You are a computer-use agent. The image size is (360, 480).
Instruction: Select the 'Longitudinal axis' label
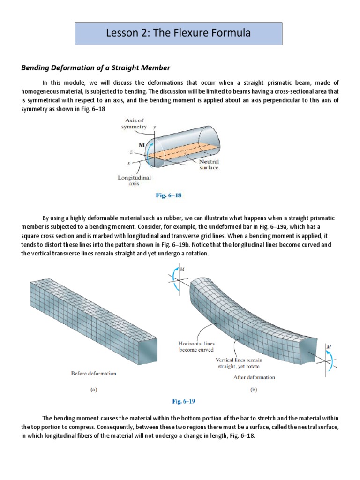pos(133,181)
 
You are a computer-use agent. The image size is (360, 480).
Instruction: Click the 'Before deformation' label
pos(93,374)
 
